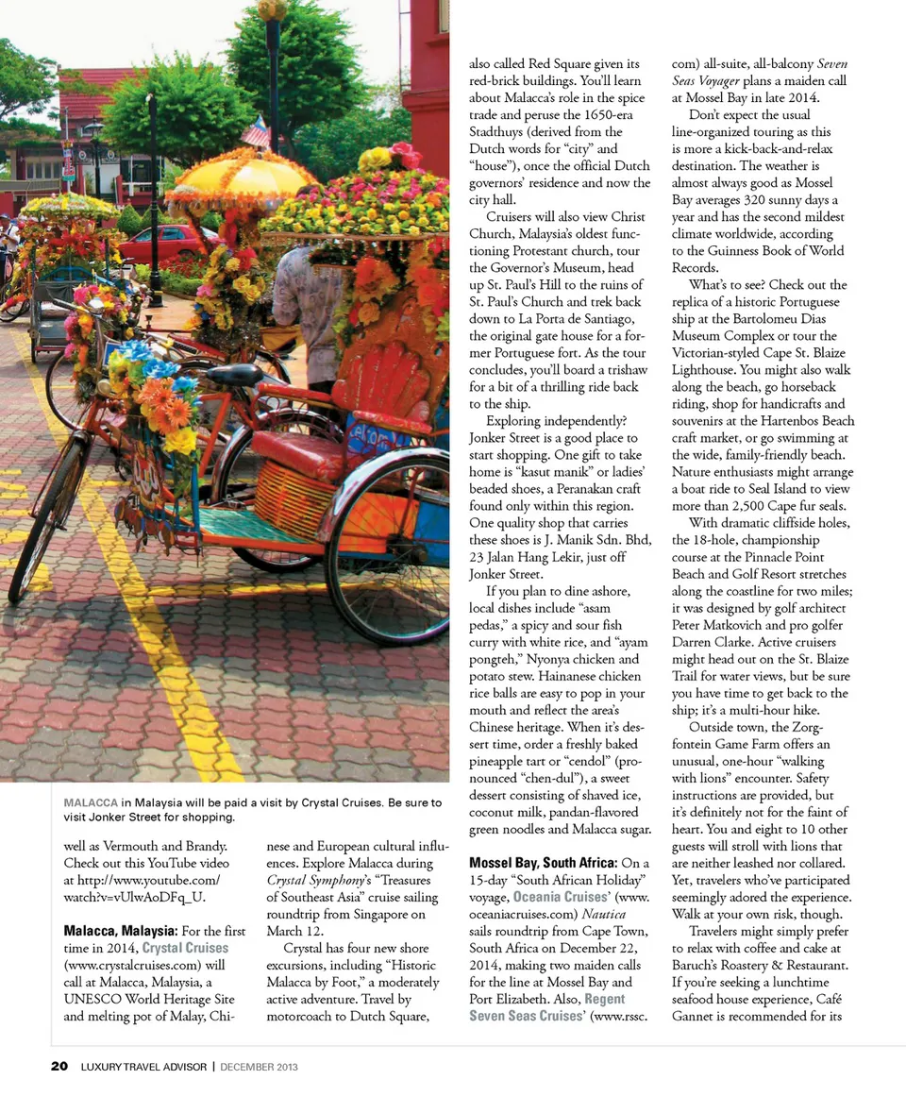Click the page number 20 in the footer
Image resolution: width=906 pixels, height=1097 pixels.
59,1067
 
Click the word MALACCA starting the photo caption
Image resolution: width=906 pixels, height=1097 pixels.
91,802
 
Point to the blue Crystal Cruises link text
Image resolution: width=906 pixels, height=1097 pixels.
185,947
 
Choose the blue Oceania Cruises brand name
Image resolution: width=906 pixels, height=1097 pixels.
561,897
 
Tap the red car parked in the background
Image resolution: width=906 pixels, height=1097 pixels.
160,243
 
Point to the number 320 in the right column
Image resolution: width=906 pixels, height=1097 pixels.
750,200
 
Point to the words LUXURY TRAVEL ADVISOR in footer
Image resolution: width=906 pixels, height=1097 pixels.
143,1067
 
